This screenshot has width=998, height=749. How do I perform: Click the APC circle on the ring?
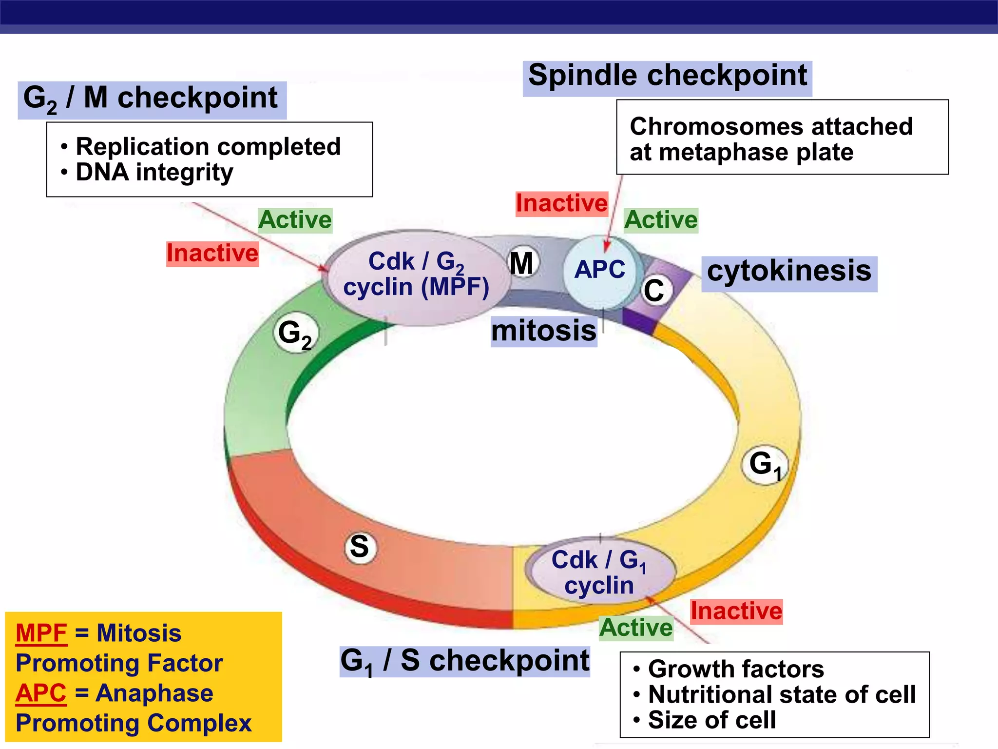tap(599, 271)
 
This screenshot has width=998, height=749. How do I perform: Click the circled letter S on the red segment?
tap(360, 547)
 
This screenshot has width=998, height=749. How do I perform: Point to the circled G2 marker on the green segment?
tap(295, 334)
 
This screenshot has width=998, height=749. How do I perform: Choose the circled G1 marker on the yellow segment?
tap(764, 464)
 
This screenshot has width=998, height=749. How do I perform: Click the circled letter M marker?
tap(522, 263)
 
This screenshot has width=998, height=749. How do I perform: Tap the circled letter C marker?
tap(653, 291)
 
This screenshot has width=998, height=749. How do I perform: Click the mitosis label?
tap(543, 331)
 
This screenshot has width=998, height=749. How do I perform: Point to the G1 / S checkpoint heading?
tap(464, 662)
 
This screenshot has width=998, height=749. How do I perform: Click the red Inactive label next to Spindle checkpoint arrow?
tap(561, 203)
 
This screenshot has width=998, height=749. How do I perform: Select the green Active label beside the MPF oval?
tap(295, 220)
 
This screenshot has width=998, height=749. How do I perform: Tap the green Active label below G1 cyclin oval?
tap(636, 628)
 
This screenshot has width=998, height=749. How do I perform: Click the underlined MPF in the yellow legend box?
tap(41, 633)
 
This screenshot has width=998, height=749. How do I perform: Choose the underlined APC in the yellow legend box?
tap(41, 693)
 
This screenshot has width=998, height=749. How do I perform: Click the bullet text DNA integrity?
tap(154, 173)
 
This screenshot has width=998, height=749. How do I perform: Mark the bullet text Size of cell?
tap(711, 720)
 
